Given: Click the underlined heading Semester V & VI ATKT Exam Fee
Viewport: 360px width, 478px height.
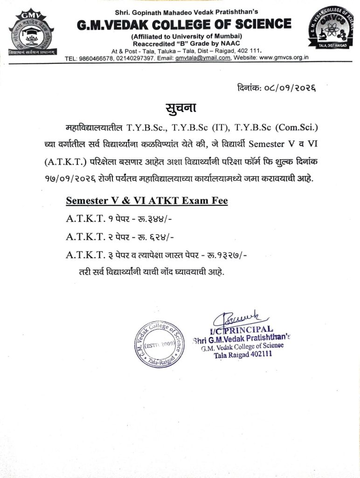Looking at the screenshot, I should click(x=147, y=201).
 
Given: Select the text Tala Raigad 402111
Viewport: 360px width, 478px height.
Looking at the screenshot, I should click(x=243, y=355).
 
